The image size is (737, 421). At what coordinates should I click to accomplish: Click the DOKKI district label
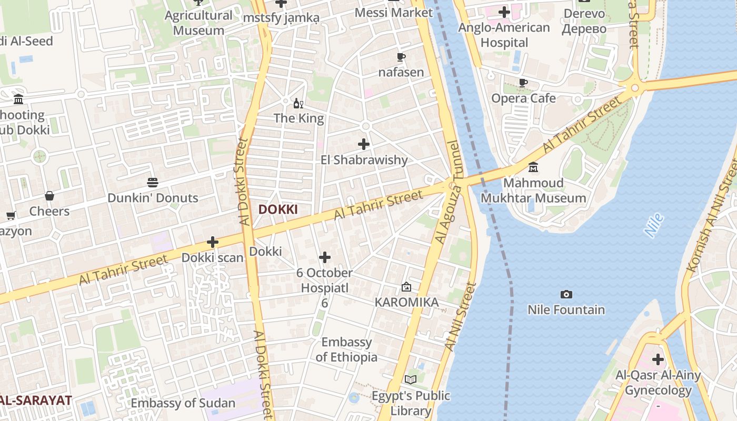click(x=278, y=209)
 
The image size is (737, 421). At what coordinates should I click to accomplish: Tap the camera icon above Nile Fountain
click(x=566, y=295)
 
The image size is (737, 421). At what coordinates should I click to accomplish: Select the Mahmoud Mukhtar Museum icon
click(x=533, y=167)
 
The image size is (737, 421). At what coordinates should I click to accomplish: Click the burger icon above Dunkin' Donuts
click(x=153, y=183)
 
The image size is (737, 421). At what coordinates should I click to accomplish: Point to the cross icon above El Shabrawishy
click(x=364, y=144)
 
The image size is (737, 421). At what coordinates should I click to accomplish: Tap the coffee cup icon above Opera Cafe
click(x=523, y=83)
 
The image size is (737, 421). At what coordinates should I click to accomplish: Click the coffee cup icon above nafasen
click(x=401, y=57)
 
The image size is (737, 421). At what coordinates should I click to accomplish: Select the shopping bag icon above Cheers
click(x=49, y=196)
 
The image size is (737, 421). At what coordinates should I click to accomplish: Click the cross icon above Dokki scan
click(x=213, y=242)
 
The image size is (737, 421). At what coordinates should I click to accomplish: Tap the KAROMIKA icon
click(x=406, y=287)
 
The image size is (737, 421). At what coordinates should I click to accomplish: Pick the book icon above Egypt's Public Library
click(x=411, y=379)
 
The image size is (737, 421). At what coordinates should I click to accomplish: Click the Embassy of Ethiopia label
click(x=346, y=349)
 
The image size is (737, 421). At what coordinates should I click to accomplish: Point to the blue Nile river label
click(x=653, y=225)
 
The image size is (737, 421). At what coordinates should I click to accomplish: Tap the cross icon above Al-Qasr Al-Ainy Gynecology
click(x=658, y=360)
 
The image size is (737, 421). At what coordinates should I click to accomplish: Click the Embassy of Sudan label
click(x=183, y=403)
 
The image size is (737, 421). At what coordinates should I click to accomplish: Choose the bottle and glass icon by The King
click(x=298, y=103)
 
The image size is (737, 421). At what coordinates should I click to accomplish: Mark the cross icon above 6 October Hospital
click(x=325, y=257)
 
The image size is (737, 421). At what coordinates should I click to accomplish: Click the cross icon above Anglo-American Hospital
click(x=504, y=12)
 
